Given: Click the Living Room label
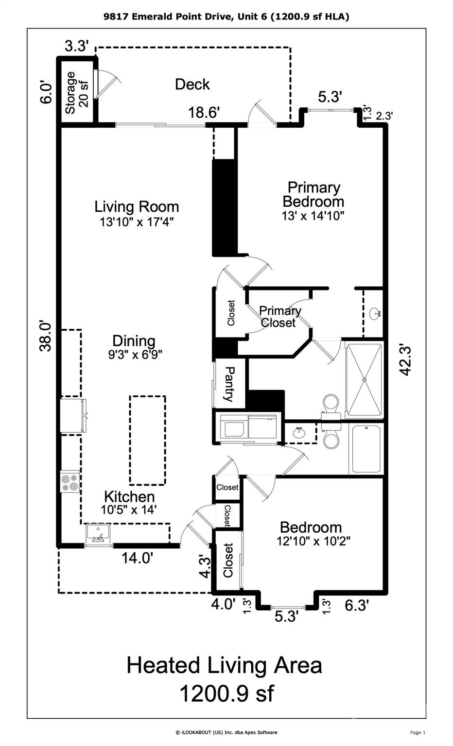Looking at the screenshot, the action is pos(137,207).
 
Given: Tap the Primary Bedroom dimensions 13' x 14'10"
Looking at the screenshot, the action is pos(313,216).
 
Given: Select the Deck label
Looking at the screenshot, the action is pos(192,84).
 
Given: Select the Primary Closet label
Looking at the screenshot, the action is pos(280,317).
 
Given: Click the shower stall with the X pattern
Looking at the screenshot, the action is pos(364,380).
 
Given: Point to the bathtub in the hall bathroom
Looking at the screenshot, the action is pos(366,449).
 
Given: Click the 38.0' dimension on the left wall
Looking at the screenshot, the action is pos(46,337).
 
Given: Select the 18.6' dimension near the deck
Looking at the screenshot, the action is pos(204,112).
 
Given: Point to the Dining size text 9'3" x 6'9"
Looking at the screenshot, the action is pos(135,355).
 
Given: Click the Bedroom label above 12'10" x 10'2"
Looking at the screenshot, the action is pos(311,527).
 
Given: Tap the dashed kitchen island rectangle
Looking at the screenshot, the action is pos(147,441).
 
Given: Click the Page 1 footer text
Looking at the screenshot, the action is pos(418,732).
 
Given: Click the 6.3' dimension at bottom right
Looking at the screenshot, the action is pos(357,606).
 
